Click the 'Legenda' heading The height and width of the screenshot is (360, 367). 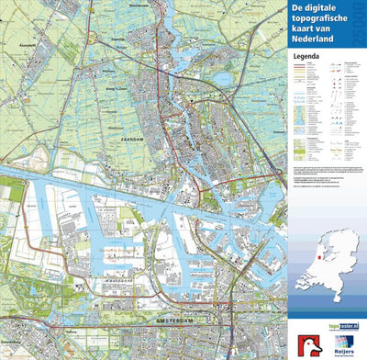coord(306,55)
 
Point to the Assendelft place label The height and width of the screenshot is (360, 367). coord(21,43)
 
